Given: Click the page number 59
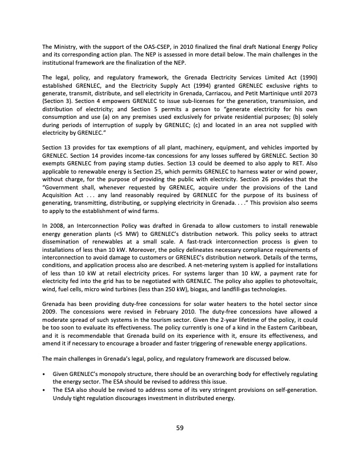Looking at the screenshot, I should click(180, 428).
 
